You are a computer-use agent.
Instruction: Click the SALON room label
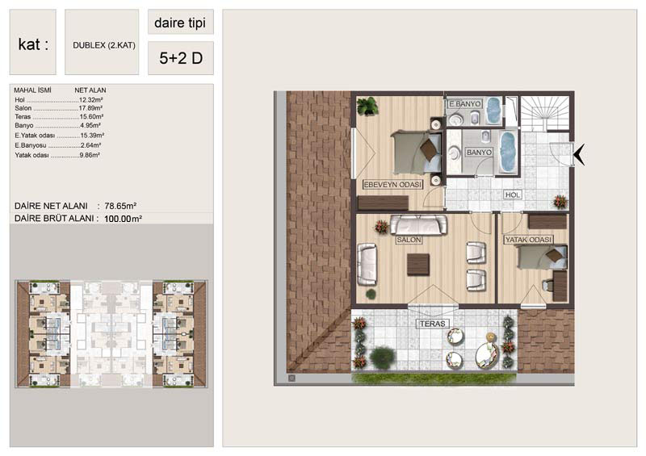(x=409, y=240)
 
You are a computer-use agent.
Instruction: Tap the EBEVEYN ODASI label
(x=392, y=185)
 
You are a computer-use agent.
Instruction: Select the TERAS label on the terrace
(x=433, y=324)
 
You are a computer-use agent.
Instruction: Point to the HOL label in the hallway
(x=513, y=195)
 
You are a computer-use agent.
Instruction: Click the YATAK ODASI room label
(x=529, y=240)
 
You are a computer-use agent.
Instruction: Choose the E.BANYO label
(x=465, y=104)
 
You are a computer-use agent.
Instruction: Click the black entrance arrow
(x=579, y=154)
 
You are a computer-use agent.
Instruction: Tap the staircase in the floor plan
(x=544, y=113)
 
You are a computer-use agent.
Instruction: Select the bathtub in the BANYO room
(x=508, y=153)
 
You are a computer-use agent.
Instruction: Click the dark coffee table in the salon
(x=418, y=265)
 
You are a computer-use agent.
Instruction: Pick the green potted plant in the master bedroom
(x=367, y=106)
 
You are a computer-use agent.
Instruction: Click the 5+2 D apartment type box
(x=181, y=58)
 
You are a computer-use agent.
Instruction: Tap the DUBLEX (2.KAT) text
(x=104, y=45)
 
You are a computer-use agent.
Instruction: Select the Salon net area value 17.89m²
(x=90, y=108)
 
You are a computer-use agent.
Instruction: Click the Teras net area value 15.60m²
(x=91, y=117)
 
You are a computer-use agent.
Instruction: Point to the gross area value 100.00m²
(x=124, y=219)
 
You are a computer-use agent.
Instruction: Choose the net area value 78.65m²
(x=120, y=206)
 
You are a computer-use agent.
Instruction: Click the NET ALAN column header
(x=90, y=90)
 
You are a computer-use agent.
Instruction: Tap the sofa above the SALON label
(x=418, y=225)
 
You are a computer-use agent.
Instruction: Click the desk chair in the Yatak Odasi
(x=547, y=285)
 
